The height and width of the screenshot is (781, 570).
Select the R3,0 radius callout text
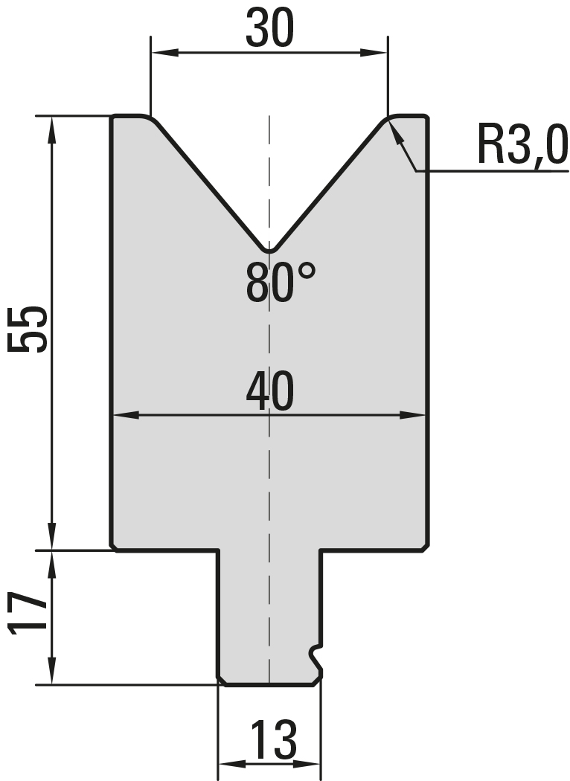click(x=522, y=145)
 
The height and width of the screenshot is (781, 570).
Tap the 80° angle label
click(x=281, y=283)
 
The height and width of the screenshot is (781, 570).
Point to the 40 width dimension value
click(x=269, y=392)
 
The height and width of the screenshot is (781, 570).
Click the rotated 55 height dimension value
click(x=28, y=330)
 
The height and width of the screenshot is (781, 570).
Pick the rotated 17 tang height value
click(x=28, y=613)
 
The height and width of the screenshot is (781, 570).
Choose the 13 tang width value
click(x=273, y=739)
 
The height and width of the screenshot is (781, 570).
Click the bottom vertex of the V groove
click(x=269, y=251)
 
